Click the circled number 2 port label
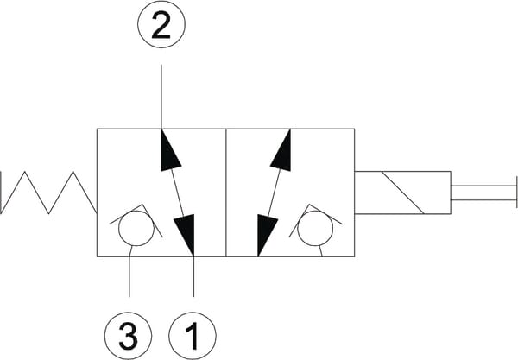[x=160, y=27]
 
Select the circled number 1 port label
[x=193, y=332]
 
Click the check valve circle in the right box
[x=313, y=230]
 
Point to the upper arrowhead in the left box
[x=170, y=152]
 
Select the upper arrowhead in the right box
[x=280, y=153]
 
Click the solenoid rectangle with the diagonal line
[x=403, y=193]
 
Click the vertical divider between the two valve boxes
[x=225, y=193]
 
